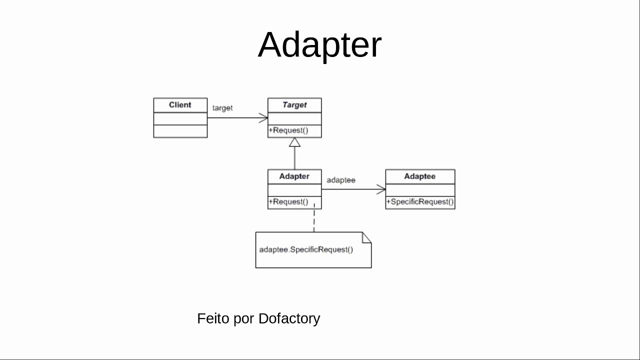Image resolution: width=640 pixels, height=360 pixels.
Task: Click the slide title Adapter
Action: [x=319, y=45]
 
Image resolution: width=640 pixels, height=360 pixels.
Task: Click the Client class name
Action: [x=180, y=105]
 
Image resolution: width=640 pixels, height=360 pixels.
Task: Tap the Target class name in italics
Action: [x=294, y=105]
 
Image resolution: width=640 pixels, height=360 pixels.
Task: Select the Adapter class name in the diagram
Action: [x=294, y=176]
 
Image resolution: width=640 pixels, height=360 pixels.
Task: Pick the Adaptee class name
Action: [x=419, y=176]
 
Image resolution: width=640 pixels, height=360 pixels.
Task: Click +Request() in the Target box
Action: [x=288, y=131]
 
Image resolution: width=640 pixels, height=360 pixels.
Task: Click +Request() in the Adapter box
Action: [x=288, y=202]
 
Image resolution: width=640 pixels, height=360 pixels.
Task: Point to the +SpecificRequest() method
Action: [x=420, y=202]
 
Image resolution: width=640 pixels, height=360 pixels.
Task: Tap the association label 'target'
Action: [x=222, y=108]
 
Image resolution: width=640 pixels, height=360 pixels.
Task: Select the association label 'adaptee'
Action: [x=341, y=180]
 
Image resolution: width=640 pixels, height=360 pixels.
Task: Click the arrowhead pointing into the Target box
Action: [x=263, y=118]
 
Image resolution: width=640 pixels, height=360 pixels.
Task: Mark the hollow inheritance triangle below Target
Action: [x=294, y=142]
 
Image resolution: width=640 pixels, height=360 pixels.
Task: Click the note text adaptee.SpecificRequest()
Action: [x=306, y=249]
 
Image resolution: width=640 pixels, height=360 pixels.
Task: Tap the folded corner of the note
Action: [x=367, y=237]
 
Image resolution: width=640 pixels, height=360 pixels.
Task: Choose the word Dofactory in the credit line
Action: [x=289, y=318]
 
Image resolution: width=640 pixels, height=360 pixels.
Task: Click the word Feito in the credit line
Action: [x=213, y=318]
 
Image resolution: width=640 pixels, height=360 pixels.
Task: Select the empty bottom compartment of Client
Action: [x=180, y=131]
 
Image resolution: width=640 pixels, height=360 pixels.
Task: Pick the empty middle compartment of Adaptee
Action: [x=420, y=190]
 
